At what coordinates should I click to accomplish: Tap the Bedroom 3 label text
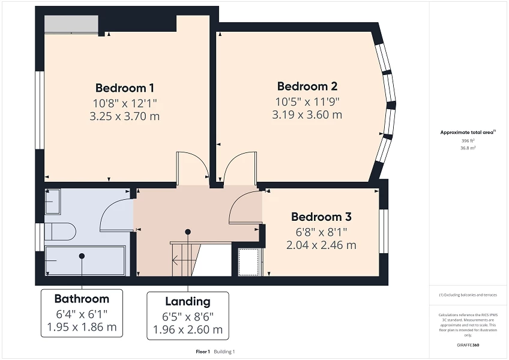click(x=321, y=217)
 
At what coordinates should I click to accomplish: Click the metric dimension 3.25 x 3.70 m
click(x=124, y=116)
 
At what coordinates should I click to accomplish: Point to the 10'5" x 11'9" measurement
click(x=307, y=101)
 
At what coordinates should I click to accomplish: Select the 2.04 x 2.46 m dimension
click(x=321, y=245)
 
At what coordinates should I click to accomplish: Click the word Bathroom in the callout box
click(x=82, y=299)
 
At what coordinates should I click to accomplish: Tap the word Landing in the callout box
click(x=188, y=301)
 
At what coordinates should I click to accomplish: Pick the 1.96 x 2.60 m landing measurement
click(x=188, y=329)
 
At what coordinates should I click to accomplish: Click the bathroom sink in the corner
click(x=53, y=202)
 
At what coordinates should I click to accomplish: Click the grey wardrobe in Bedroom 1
click(x=71, y=24)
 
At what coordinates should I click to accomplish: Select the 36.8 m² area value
click(x=468, y=147)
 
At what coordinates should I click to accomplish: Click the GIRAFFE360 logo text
click(x=468, y=345)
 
